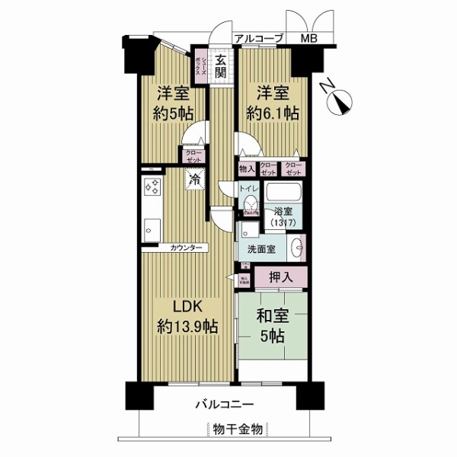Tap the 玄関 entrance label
coord(220,67)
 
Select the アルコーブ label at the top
coord(258,38)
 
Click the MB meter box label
coord(309,38)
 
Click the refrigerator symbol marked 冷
coord(195,181)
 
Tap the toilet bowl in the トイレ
coord(249,204)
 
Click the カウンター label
coord(187,248)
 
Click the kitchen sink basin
coord(150,226)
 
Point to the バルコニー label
coord(228,404)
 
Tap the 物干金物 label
coord(238,430)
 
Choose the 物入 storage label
coord(245,169)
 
